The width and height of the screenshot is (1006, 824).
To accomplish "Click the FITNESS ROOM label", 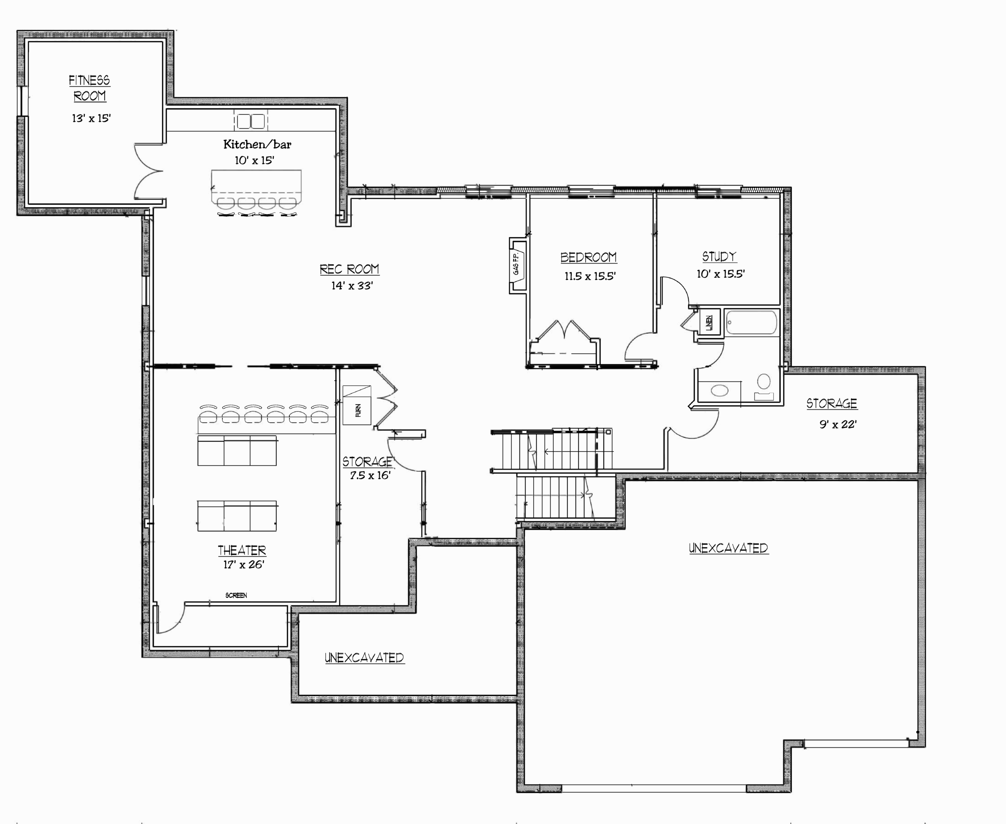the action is click(x=90, y=88).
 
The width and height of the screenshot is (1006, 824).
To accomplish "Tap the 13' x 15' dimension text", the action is click(x=91, y=118).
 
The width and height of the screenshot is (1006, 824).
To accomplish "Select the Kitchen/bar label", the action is click(x=257, y=144).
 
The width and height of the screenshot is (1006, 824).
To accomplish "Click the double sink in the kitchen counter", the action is click(x=251, y=122).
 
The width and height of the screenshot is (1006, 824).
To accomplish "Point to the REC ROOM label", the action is click(x=350, y=269).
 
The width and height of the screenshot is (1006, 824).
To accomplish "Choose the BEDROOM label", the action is click(x=589, y=257).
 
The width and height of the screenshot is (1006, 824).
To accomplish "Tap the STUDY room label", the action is click(x=720, y=257).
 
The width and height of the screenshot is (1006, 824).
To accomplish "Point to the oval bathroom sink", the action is click(x=720, y=391).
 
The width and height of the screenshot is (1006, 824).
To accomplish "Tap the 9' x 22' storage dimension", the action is click(x=838, y=424).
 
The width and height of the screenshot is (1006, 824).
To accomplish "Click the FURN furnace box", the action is click(x=357, y=405).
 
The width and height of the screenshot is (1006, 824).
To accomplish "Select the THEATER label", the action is click(x=242, y=550).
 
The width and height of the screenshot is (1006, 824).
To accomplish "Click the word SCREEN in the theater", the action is click(x=236, y=595).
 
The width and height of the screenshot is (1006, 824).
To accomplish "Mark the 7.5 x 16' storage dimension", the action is click(x=370, y=475).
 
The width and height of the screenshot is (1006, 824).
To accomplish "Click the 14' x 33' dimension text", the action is click(x=352, y=285).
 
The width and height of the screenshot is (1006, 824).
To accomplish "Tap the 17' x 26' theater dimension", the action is click(x=244, y=564).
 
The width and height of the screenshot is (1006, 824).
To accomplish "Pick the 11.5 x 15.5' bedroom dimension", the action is click(x=590, y=276).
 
